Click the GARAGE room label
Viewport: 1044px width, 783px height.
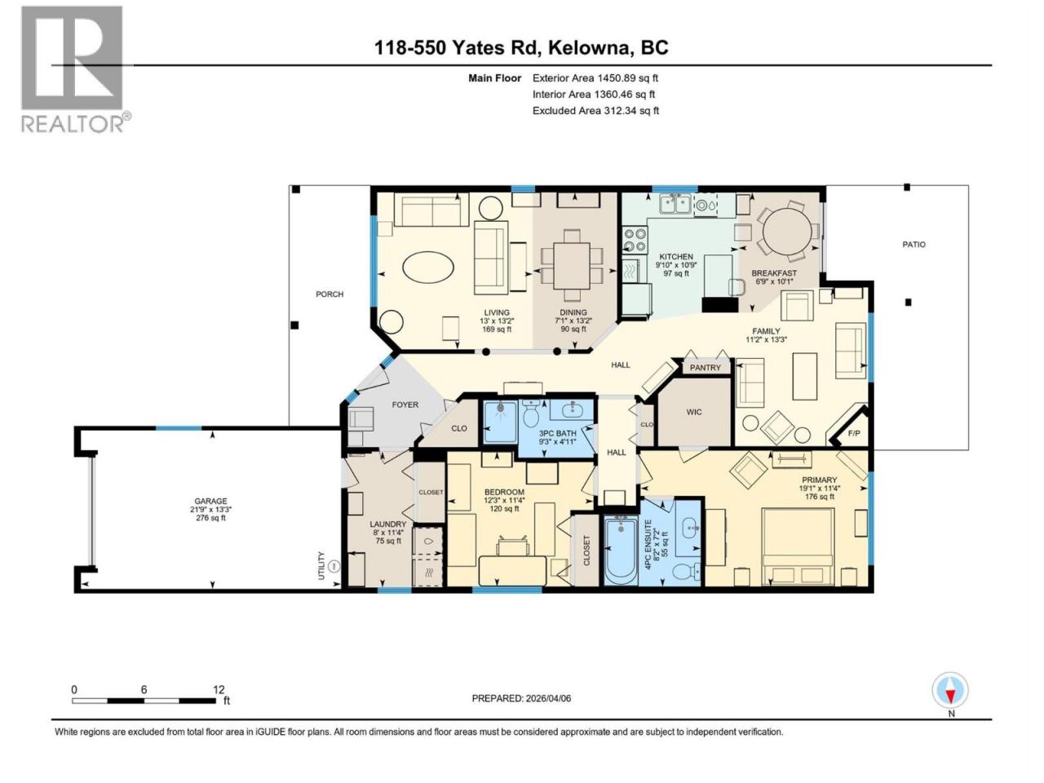point(210,501)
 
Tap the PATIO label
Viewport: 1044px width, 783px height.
point(913,245)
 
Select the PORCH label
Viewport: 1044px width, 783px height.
point(330,294)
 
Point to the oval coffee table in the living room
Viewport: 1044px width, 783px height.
point(427,268)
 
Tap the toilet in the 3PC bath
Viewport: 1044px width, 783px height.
point(530,414)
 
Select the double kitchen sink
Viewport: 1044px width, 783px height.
point(675,205)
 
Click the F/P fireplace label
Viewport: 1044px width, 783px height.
point(853,434)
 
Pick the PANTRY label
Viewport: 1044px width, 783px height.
point(705,368)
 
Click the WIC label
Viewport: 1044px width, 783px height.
point(694,412)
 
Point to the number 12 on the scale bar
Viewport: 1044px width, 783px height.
point(219,689)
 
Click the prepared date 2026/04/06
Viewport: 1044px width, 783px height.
point(548,698)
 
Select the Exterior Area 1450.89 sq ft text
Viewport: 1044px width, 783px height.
point(595,78)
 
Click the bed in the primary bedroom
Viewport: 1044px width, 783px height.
point(797,546)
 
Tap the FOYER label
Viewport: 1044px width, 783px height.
point(405,405)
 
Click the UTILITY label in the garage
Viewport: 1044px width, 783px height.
point(321,566)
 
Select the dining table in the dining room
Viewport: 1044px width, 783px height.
point(572,266)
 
